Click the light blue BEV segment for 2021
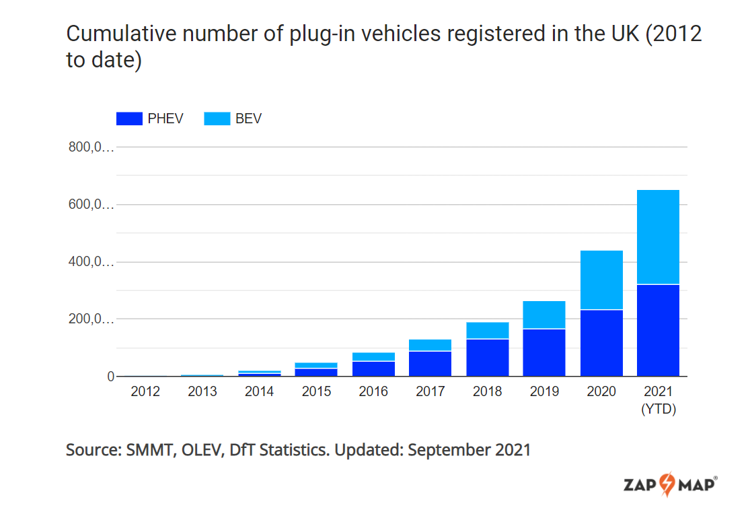coord(658,236)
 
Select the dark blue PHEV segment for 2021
coord(658,330)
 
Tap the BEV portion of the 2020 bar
coord(601,280)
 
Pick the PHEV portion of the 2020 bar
coord(601,343)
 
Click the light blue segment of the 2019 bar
coord(544,315)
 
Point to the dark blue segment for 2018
coord(487,358)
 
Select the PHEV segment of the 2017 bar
coord(430,364)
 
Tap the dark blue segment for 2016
coord(373,369)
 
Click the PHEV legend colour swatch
coord(129,119)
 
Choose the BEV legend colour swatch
coord(217,119)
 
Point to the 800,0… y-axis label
coord(91,148)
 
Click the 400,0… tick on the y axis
coord(91,262)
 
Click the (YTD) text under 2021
coord(658,409)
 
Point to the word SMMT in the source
coord(149,450)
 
